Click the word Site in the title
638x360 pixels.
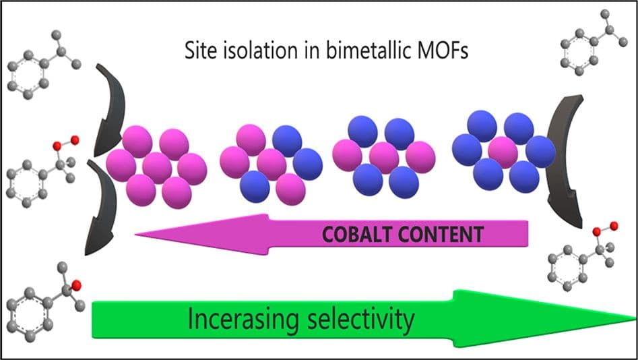199,50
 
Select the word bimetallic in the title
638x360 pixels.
340,50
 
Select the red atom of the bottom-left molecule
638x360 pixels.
75,284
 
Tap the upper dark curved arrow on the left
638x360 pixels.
108,108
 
